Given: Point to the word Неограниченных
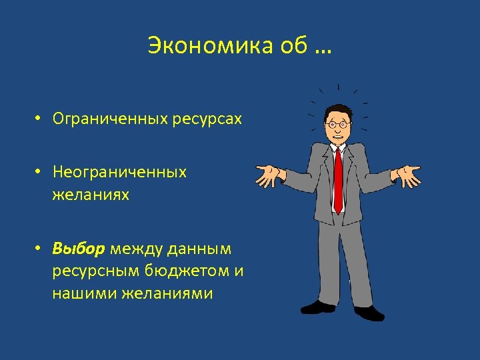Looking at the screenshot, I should click(120, 172).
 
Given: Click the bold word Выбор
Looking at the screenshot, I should click(79, 249).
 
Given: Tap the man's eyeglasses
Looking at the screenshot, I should click(339, 124).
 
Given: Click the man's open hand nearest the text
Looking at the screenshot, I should click(270, 175).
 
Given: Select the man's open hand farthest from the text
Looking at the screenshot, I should click(407, 175).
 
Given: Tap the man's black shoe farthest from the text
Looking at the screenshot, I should click(370, 311).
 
